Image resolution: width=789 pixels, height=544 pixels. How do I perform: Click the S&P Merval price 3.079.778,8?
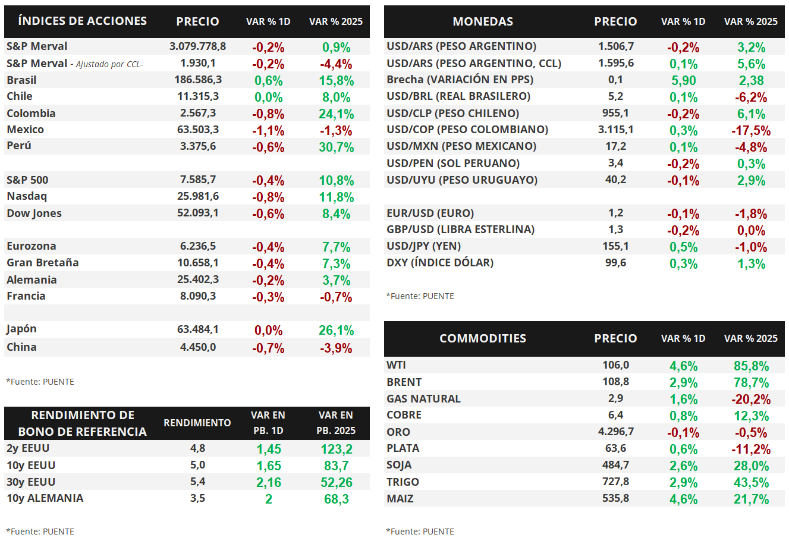point(197,46)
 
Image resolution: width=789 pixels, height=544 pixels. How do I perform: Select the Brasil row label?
point(21,80)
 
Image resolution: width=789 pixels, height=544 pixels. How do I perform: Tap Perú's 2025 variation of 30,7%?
point(336,147)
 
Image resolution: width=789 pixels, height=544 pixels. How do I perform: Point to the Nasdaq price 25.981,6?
point(197,196)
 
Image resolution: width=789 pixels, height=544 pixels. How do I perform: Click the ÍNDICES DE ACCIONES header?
point(83,21)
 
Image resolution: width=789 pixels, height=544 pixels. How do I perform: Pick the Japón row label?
point(21,329)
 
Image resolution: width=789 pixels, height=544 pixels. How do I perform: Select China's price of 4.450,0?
point(197,347)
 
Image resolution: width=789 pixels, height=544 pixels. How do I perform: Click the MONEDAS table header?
point(483,21)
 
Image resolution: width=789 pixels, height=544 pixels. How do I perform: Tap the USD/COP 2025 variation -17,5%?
point(751,131)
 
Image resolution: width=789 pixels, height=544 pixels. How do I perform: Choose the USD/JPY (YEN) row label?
point(424,246)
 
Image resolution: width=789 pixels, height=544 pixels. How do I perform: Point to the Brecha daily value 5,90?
point(683,81)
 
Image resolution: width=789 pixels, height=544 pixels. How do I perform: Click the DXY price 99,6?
point(615,263)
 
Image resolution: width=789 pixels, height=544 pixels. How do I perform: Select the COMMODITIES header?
point(483,338)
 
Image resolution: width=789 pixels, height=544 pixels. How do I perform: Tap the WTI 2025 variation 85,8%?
point(751,366)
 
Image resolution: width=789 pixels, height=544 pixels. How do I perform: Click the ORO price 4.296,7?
point(615,431)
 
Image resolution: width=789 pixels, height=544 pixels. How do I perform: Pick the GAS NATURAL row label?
point(423,398)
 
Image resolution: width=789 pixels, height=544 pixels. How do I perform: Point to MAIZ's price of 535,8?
point(615,498)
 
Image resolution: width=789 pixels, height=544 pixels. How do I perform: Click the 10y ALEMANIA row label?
point(45,498)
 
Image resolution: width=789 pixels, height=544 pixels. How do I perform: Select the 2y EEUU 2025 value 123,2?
point(336,449)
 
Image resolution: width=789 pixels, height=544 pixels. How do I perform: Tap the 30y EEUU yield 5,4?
point(197,482)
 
